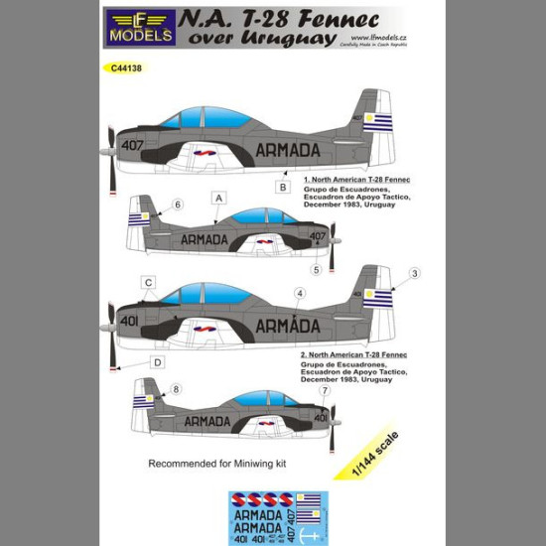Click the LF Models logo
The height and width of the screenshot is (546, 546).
(141, 28)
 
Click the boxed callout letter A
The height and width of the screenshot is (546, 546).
(217, 199)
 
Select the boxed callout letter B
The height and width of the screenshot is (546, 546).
(282, 187)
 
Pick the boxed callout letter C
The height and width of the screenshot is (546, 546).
(148, 283)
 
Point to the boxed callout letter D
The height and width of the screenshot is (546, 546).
(157, 363)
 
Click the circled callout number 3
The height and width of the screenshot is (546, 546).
(415, 273)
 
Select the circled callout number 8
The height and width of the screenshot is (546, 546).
(177, 390)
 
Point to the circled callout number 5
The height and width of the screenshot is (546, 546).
(316, 268)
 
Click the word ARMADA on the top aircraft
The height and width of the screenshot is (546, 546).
(288, 150)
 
